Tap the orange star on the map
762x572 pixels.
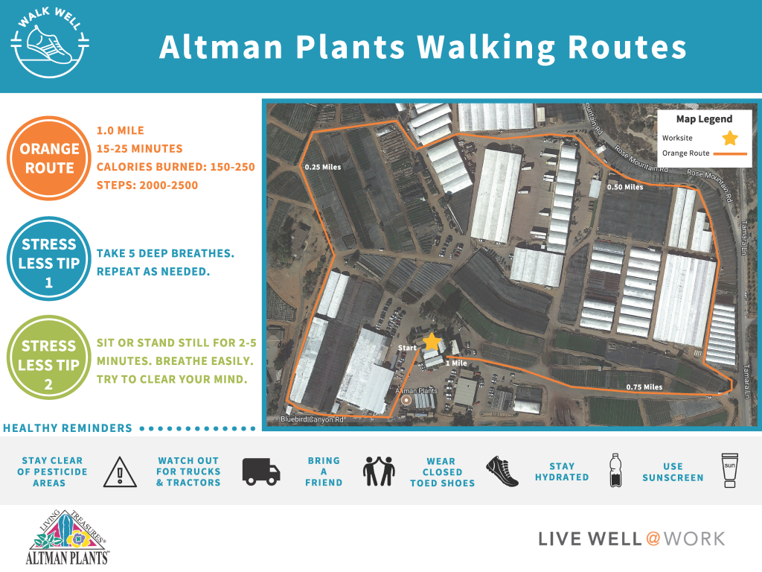coord(431,342)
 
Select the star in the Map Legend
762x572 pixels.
coord(730,138)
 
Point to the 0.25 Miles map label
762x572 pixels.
coord(323,167)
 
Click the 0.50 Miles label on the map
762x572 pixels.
coord(625,187)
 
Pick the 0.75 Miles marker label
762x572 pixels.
coord(644,387)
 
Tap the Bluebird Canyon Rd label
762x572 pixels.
coord(312,420)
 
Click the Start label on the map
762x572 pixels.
coord(406,348)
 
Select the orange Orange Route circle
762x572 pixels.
coord(49,158)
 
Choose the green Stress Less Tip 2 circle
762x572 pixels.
coord(49,355)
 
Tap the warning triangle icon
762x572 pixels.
coord(115,471)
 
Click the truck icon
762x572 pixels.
coord(261,471)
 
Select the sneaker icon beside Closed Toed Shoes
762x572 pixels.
coord(502,471)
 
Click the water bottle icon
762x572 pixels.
coord(615,471)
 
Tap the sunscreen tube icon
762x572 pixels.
coord(730,471)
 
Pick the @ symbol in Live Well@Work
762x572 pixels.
coord(653,538)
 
